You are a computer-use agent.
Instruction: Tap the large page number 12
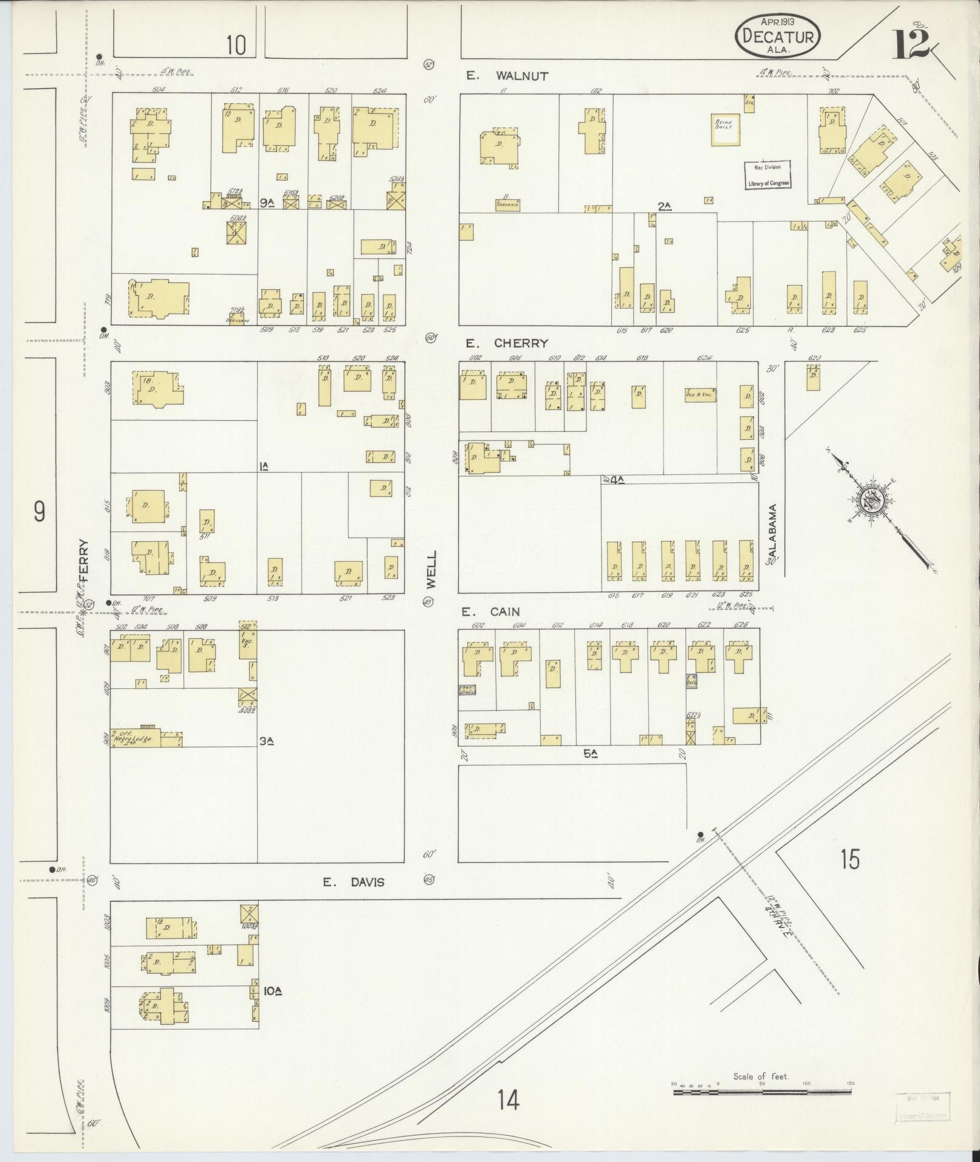[x=911, y=44]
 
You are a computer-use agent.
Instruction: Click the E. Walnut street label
[x=507, y=77]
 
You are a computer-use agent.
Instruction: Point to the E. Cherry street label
[x=508, y=343]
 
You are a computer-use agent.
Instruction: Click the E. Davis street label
[x=354, y=882]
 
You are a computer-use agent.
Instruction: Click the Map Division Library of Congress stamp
[x=768, y=175]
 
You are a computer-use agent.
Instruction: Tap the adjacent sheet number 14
[x=508, y=1099]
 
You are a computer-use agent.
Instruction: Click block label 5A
[x=591, y=754]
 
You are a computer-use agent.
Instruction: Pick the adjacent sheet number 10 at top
[x=236, y=44]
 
